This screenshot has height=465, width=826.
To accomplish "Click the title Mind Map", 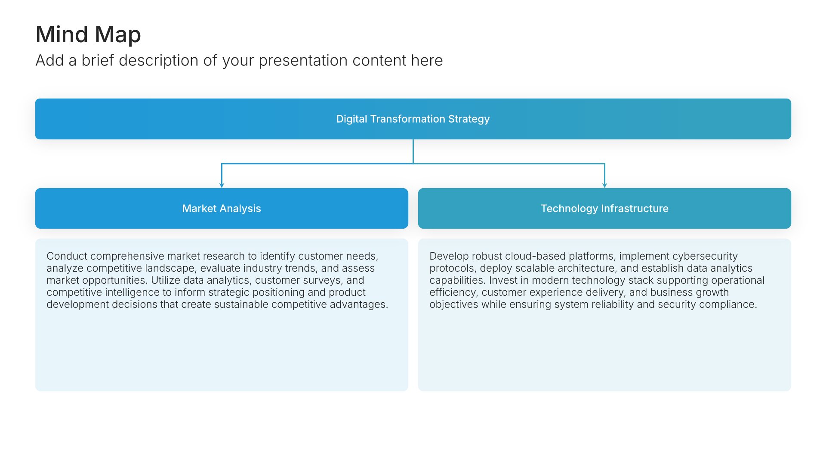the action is [88, 35].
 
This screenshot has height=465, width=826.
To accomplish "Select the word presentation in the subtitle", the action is [303, 61].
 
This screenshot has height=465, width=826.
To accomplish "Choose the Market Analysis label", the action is [222, 208].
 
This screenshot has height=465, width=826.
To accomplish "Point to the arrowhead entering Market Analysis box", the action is [222, 186].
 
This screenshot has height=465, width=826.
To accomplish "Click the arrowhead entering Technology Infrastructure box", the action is [604, 186].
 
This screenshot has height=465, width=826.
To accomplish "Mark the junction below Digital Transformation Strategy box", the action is [413, 164].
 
